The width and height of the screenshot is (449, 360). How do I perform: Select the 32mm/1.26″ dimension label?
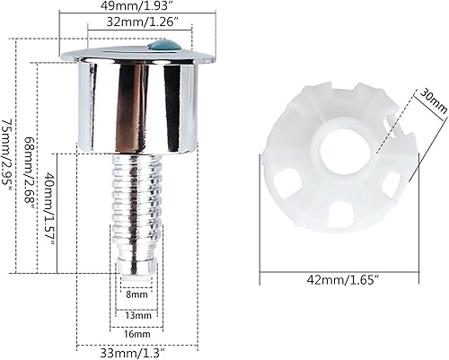click(x=141, y=23)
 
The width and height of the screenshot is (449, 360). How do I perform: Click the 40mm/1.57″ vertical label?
click(x=49, y=207)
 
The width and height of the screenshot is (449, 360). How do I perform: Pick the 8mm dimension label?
click(x=136, y=294)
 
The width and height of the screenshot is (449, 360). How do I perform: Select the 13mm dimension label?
click(x=136, y=315)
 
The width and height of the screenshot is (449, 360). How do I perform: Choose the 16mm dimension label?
click(x=136, y=334)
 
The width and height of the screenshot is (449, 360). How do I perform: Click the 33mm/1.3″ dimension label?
click(x=134, y=354)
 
